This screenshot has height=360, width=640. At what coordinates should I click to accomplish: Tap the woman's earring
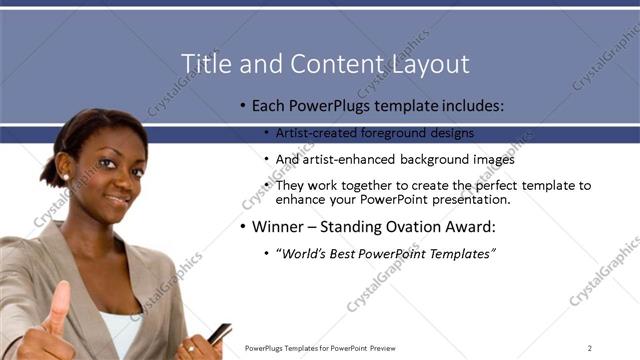pos(66,178)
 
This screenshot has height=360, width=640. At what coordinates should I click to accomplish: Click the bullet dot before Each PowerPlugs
pos(243,106)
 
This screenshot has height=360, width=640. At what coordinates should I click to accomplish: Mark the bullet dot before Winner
pos(243,227)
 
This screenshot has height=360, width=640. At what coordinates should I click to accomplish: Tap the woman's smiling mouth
pos(117,199)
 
